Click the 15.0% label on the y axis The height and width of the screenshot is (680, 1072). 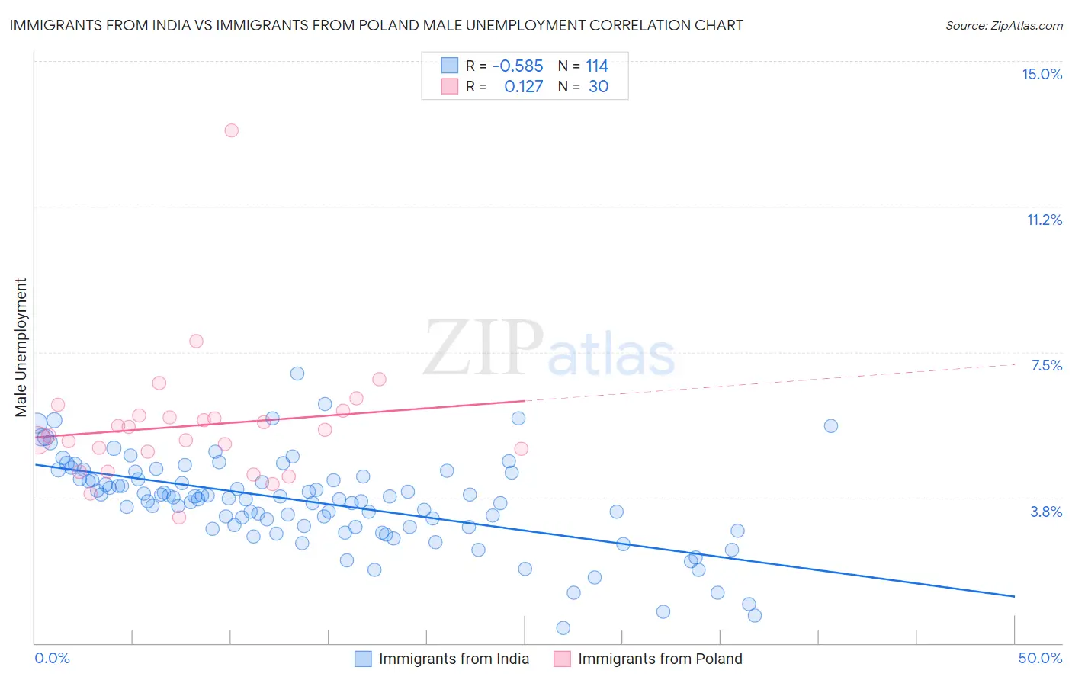tap(1042, 74)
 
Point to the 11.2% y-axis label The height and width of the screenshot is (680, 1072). tap(1044, 220)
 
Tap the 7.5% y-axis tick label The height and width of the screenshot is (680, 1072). tap(1046, 365)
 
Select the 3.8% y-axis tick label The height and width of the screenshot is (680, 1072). tap(1046, 512)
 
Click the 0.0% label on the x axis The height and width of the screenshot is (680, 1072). tap(52, 658)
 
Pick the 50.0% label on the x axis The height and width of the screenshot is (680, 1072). tap(1040, 658)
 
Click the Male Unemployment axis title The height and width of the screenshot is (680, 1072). tap(21, 348)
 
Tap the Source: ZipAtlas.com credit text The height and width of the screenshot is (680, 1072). tap(1003, 26)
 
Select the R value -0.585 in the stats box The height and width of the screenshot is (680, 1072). tap(517, 66)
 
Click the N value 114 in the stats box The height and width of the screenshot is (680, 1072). tap(597, 66)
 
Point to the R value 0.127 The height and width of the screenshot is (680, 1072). tap(523, 87)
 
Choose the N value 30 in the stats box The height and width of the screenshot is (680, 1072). tap(599, 87)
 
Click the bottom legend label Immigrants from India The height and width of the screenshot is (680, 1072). tap(454, 659)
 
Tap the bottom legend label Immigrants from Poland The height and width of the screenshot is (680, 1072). tap(660, 659)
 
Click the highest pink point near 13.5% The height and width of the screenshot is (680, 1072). tap(231, 130)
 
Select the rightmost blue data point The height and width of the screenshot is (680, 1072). tap(831, 425)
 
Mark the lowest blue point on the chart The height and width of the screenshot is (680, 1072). tap(563, 627)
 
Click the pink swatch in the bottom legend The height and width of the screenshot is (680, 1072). tap(562, 659)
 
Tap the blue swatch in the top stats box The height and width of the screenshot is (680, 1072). tap(450, 66)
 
